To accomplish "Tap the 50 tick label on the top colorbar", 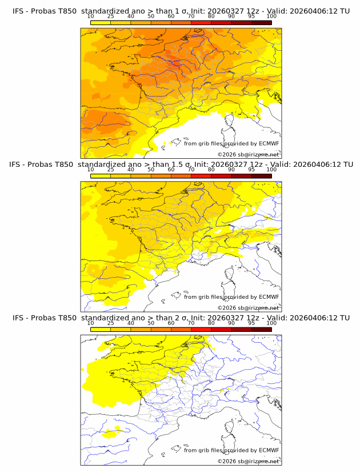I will pyautogui.click(x=151, y=17).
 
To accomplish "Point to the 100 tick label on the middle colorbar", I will pyautogui.click(x=271, y=170).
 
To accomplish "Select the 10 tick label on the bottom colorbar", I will pyautogui.click(x=91, y=323).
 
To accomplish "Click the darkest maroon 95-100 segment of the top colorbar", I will pyautogui.click(x=261, y=23).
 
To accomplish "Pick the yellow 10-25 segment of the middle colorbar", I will pyautogui.click(x=101, y=176).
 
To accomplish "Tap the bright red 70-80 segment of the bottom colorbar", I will pyautogui.click(x=201, y=329).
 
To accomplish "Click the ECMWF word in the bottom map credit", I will pyautogui.click(x=269, y=450).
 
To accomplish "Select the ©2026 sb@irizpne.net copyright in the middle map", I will pyautogui.click(x=248, y=307).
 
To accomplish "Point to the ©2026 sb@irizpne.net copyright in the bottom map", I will pyautogui.click(x=248, y=461).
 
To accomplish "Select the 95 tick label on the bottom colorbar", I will pyautogui.click(x=251, y=323).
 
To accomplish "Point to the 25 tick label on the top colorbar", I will pyautogui.click(x=111, y=17).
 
